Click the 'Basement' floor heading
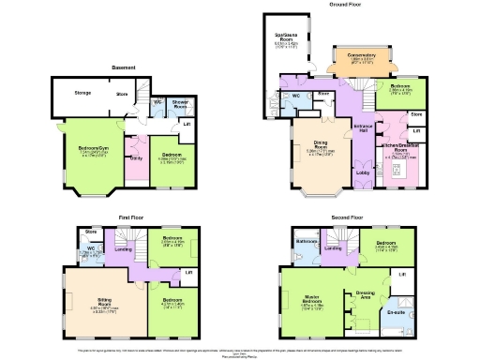(x=124, y=67)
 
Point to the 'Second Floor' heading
(x=346, y=217)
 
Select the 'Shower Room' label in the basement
(x=180, y=105)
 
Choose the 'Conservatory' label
(x=361, y=55)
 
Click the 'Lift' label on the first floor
(x=188, y=273)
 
